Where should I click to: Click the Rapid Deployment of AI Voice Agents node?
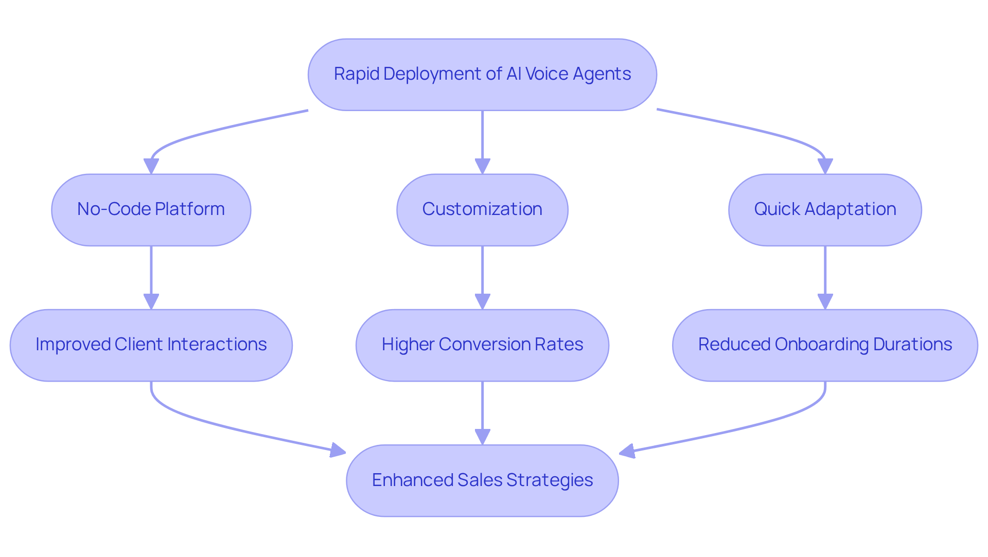coord(482,75)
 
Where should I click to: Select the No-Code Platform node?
coord(151,210)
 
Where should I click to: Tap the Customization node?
coord(482,210)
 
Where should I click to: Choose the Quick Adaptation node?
coord(825,210)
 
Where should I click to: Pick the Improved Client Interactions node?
coord(151,345)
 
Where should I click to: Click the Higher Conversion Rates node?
coord(482,345)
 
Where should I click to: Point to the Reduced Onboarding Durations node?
coord(825,345)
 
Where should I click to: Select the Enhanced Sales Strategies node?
coord(482,480)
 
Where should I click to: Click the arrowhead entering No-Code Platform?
coord(151,167)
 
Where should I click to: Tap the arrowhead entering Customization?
coord(482,167)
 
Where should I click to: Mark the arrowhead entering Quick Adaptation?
coord(825,167)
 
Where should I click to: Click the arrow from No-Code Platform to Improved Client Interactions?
coord(151,273)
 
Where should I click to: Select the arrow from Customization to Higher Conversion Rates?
coord(482,273)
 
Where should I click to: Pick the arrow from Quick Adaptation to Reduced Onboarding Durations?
coord(825,273)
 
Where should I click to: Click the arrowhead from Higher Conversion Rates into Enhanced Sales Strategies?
coord(482,437)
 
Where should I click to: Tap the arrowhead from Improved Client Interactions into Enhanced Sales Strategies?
coord(338,451)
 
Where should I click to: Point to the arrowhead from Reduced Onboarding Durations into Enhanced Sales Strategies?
coord(627,452)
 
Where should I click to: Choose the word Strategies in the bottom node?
coord(549,480)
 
